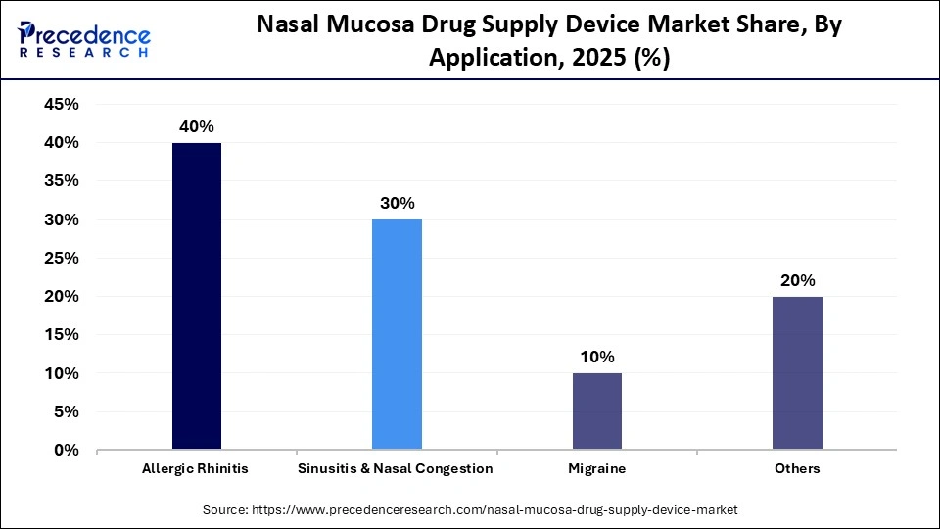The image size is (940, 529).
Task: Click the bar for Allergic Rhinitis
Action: pos(197,296)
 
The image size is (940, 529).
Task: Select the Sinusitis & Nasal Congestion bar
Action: pos(397,334)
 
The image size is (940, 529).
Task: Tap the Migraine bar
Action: pos(596,411)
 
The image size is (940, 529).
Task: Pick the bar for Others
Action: pos(797,373)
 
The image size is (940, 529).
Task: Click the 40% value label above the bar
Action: pos(197,127)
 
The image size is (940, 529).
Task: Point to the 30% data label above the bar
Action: pos(397,204)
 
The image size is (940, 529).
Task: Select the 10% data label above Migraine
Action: pos(596,358)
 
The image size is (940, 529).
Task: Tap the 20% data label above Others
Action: pos(797,281)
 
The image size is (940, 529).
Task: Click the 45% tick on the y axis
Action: pos(62,105)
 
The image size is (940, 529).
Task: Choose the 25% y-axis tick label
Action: pos(62,259)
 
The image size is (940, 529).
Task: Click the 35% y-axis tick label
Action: pos(62,181)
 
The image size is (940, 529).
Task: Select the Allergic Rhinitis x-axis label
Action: pos(197,469)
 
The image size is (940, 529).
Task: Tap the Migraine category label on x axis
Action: pos(596,469)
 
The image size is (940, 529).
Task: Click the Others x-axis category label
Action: pos(797,469)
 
